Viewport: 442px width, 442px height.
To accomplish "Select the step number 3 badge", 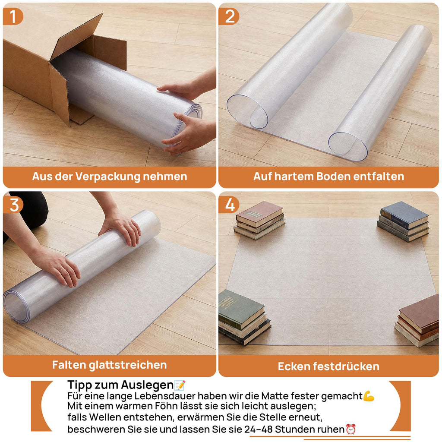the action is pyautogui.click(x=13, y=205).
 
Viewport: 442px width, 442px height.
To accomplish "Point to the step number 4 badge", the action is pyautogui.click(x=229, y=205).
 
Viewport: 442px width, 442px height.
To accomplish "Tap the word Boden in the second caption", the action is pyautogui.click(x=333, y=177).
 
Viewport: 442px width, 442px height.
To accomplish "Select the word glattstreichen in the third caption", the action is pyautogui.click(x=128, y=365).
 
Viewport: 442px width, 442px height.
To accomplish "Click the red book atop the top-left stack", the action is pyautogui.click(x=259, y=213).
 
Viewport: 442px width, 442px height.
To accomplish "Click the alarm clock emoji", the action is pyautogui.click(x=351, y=429).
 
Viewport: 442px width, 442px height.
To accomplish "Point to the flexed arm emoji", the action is pyautogui.click(x=369, y=396).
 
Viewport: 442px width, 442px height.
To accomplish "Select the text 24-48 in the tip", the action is pyautogui.click(x=259, y=429).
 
